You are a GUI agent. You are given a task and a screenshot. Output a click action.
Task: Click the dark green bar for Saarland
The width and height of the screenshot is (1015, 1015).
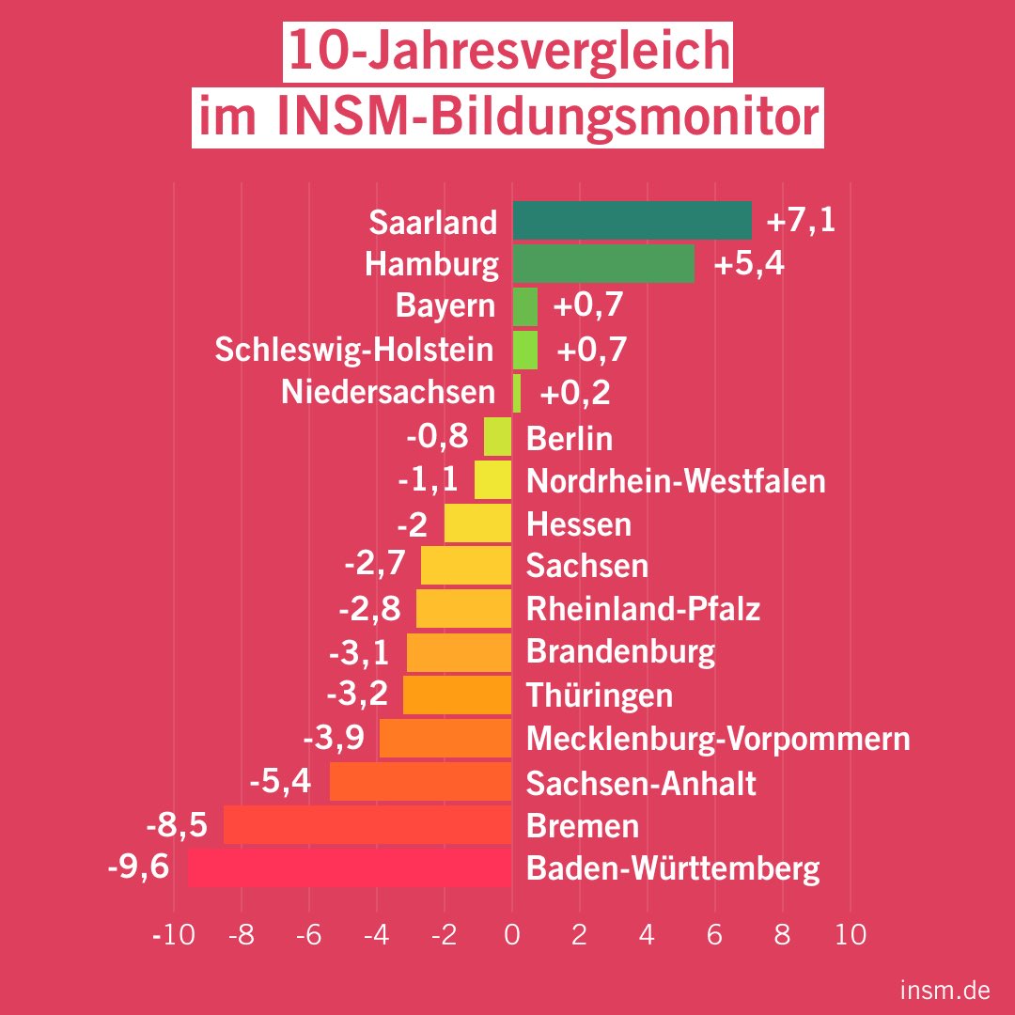[x=632, y=221]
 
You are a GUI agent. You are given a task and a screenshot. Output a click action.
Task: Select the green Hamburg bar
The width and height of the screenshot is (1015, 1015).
[x=603, y=264]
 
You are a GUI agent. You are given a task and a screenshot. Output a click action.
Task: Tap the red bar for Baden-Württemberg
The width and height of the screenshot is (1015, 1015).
[x=350, y=867]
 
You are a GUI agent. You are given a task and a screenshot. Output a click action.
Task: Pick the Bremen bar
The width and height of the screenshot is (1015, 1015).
[x=367, y=825]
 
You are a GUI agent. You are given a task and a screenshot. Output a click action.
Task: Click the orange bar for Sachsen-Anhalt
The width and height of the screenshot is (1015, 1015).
[x=420, y=782]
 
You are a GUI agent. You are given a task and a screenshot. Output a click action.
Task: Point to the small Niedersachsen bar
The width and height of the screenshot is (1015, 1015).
[x=517, y=393]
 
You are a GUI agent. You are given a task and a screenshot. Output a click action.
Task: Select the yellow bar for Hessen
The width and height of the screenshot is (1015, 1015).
[x=477, y=523]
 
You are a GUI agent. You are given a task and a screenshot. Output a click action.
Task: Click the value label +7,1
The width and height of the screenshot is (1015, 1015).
[x=801, y=222]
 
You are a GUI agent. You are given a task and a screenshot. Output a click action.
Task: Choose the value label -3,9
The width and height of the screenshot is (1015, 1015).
[x=334, y=738]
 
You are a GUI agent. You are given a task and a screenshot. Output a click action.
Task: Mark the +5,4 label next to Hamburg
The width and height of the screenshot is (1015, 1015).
[x=749, y=265]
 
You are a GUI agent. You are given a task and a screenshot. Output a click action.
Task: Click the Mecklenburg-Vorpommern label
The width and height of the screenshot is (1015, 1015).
[x=718, y=739]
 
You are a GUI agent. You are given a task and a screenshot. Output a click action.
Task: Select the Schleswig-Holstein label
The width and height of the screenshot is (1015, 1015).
[x=354, y=350]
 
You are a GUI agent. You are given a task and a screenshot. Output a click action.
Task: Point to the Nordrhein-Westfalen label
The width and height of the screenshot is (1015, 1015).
[x=676, y=481]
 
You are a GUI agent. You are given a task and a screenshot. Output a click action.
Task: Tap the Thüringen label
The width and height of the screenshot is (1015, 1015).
[x=600, y=695]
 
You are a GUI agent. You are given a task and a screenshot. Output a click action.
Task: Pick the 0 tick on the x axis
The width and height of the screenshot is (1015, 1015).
[x=512, y=936]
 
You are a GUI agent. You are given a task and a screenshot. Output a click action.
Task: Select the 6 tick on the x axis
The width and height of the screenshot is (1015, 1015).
[x=715, y=936]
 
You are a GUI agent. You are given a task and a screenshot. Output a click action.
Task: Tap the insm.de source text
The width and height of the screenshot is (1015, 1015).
[x=943, y=990]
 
